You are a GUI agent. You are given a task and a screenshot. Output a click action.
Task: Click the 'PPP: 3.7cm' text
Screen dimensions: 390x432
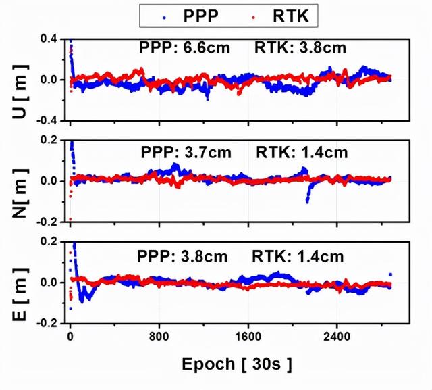click(186, 153)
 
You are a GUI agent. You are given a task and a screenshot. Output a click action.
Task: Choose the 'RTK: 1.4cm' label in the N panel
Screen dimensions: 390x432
click(302, 153)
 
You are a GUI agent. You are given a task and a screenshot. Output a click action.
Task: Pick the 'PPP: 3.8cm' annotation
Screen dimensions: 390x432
click(182, 256)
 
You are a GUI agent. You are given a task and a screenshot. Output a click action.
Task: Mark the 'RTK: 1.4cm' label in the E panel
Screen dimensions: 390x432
click(298, 256)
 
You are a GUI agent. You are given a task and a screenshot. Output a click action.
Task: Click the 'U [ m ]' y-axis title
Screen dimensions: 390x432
click(18, 80)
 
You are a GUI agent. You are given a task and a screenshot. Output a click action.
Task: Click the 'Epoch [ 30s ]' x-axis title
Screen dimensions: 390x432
click(237, 365)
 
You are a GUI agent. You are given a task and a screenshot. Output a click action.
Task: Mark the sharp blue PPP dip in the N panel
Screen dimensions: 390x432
click(308, 198)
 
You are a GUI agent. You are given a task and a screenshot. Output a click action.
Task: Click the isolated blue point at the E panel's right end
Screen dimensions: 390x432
click(390, 275)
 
